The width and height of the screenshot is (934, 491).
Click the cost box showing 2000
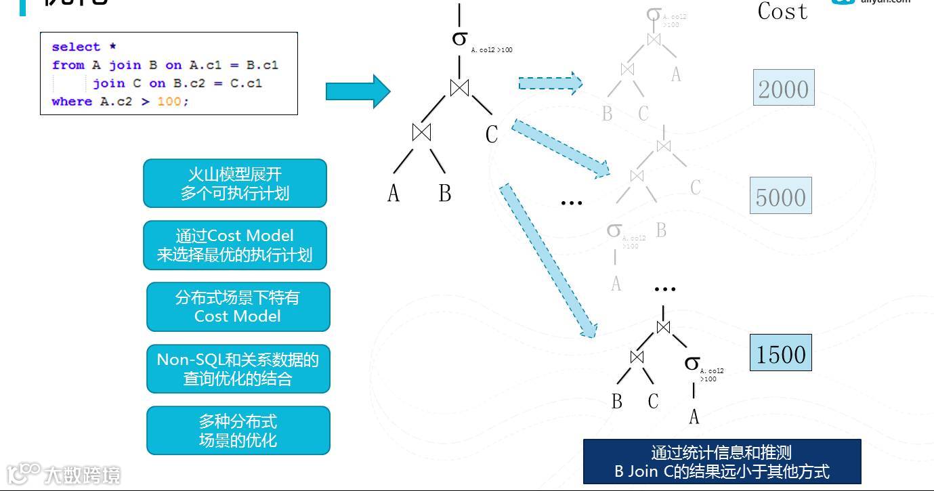tap(783, 88)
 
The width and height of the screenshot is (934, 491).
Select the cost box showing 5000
tap(780, 196)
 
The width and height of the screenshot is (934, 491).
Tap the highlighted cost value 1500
tap(780, 354)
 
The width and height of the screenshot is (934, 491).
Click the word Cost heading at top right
tap(782, 12)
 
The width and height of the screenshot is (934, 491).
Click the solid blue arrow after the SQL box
tap(358, 91)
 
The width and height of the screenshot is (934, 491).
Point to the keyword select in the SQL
tap(75, 47)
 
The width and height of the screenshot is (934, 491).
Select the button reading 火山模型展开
tap(235, 184)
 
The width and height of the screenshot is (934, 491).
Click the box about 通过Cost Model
tap(235, 245)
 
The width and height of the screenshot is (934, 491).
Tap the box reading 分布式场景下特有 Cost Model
tap(238, 307)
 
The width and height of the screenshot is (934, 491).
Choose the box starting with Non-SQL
tap(238, 368)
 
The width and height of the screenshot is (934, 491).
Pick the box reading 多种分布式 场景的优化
tap(238, 431)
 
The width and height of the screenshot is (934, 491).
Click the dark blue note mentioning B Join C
tap(721, 462)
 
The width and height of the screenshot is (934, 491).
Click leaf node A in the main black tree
tap(394, 194)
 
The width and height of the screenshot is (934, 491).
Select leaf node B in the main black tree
tap(444, 194)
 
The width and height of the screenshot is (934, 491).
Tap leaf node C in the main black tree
tap(492, 135)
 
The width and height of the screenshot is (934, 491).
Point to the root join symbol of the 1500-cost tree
tap(663, 326)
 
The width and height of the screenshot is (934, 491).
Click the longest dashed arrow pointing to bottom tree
tap(548, 261)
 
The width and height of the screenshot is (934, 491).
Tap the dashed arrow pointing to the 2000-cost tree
tap(550, 83)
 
